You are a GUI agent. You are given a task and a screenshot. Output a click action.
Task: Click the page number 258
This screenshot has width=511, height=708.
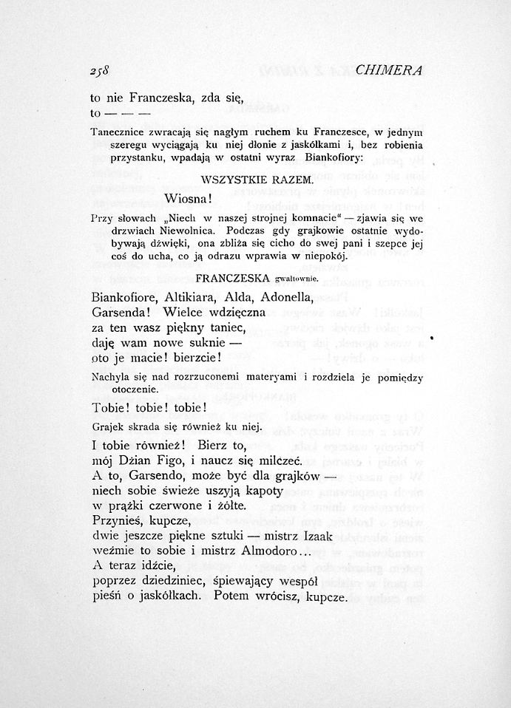(x=99, y=72)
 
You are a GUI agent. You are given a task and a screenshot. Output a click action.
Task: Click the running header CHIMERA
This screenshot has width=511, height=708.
(x=388, y=71)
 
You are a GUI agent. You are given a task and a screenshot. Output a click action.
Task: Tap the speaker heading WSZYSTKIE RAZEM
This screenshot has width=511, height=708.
(x=257, y=180)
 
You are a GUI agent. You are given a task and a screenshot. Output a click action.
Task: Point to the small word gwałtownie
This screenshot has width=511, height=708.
(x=296, y=279)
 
